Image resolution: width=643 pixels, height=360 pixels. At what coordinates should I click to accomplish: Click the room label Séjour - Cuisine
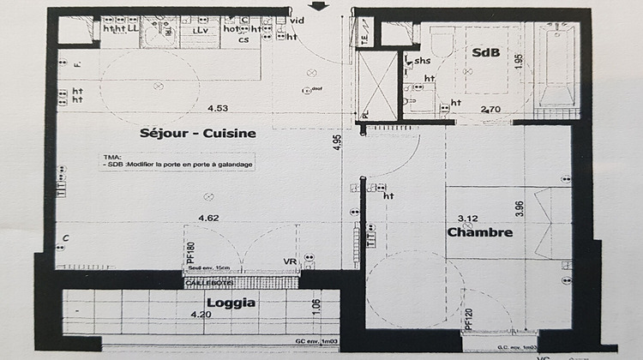(198, 134)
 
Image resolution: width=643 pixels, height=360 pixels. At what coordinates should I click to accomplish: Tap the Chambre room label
(479, 232)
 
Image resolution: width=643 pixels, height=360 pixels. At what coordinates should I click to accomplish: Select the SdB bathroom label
(485, 52)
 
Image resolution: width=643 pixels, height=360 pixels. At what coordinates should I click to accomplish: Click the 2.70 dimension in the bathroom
(490, 109)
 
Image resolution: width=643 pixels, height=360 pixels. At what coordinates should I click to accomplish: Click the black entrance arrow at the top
(318, 6)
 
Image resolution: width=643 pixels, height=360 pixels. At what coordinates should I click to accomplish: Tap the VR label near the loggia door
(289, 262)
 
